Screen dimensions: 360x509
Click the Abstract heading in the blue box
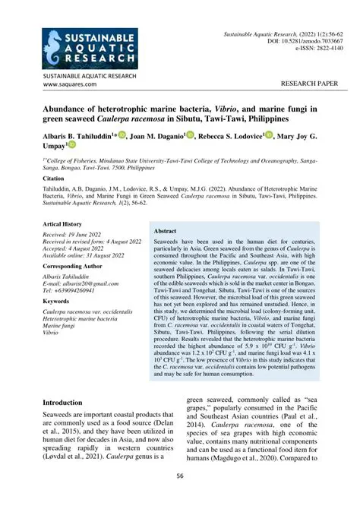[165, 230]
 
